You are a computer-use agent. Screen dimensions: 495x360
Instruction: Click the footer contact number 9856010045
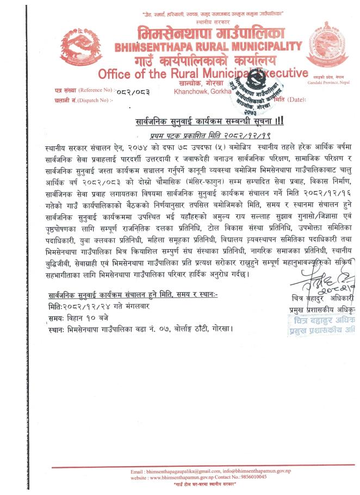coord(249,476)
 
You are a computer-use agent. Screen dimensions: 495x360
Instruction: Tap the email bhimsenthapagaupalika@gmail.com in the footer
coord(176,470)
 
